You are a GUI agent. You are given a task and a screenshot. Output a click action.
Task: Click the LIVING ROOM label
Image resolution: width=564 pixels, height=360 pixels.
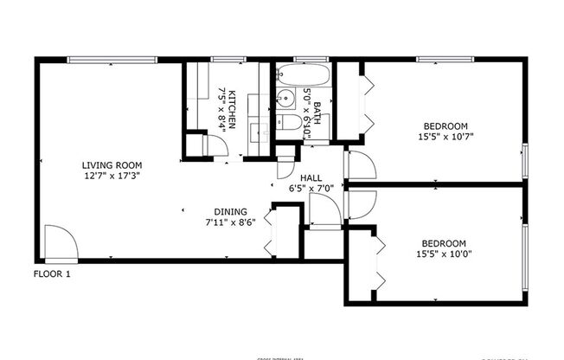pyautogui.click(x=112, y=165)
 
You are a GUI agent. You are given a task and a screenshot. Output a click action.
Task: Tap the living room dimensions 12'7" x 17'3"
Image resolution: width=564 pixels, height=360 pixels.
pyautogui.click(x=112, y=176)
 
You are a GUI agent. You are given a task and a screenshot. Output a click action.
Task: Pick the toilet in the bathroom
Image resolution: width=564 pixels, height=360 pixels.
pyautogui.click(x=292, y=125)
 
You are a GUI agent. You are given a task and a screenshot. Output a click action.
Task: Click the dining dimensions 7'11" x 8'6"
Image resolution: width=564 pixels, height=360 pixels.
pyautogui.click(x=231, y=222)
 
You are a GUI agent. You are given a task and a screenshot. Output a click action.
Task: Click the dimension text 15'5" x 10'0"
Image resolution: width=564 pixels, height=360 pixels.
pyautogui.click(x=444, y=254)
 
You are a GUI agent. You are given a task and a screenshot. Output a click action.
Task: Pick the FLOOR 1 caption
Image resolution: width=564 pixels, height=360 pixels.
pyautogui.click(x=52, y=274)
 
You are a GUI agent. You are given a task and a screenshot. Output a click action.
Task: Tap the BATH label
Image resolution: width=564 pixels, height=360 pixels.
pyautogui.click(x=317, y=113)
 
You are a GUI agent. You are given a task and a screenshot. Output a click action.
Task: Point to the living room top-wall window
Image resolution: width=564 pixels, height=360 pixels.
pyautogui.click(x=112, y=60)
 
